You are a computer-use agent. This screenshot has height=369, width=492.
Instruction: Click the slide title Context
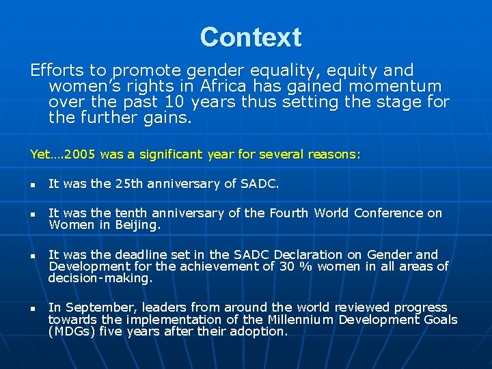point(250,37)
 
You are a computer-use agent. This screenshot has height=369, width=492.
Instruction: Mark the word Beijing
point(138,224)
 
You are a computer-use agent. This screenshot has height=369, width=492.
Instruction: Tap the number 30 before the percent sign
point(287,266)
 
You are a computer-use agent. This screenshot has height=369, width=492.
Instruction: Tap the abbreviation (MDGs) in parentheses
point(72,331)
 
